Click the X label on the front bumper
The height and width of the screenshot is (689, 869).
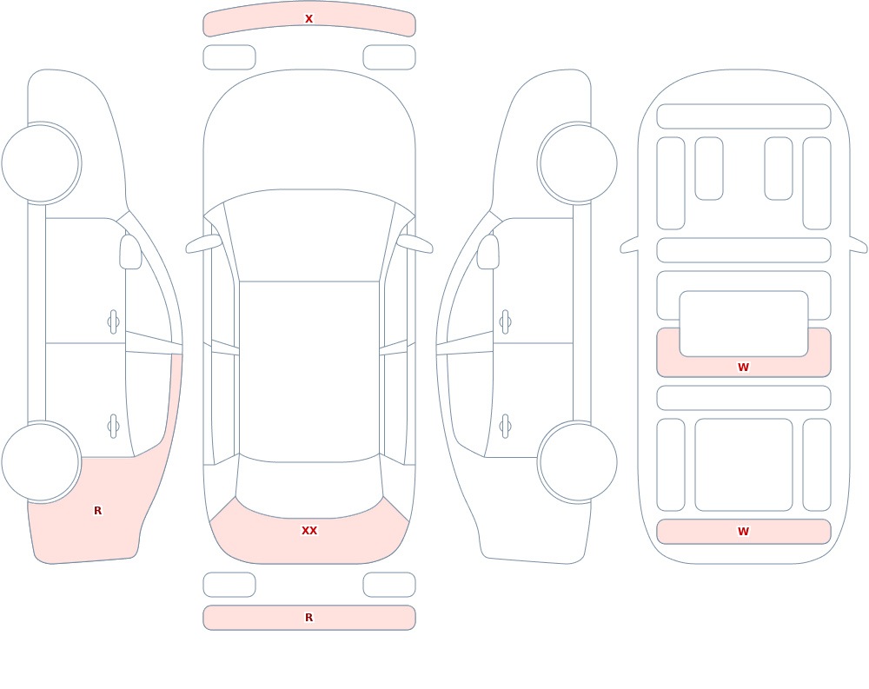point(308,19)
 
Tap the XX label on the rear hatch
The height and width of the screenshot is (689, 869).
point(309,531)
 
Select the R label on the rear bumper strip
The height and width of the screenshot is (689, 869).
point(309,618)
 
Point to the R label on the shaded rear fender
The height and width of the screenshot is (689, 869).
point(97,511)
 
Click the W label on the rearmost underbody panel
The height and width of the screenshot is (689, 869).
point(743,532)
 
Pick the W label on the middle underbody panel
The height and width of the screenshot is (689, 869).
point(743,367)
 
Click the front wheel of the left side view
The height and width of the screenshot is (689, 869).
point(41,163)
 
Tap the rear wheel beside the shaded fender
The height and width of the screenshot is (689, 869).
point(41,461)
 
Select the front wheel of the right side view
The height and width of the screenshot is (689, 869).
point(578,163)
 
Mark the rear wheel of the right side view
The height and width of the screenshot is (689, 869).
point(578,461)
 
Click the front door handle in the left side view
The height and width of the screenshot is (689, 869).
point(114,322)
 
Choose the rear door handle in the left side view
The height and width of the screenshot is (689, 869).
point(114,427)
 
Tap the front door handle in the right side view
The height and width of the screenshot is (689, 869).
point(505,322)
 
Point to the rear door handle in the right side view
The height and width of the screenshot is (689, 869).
point(505,427)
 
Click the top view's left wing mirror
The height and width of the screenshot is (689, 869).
point(203,244)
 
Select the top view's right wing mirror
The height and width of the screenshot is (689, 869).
point(415,244)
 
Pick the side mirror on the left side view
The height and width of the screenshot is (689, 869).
point(131,252)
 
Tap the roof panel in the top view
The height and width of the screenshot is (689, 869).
point(309,371)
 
